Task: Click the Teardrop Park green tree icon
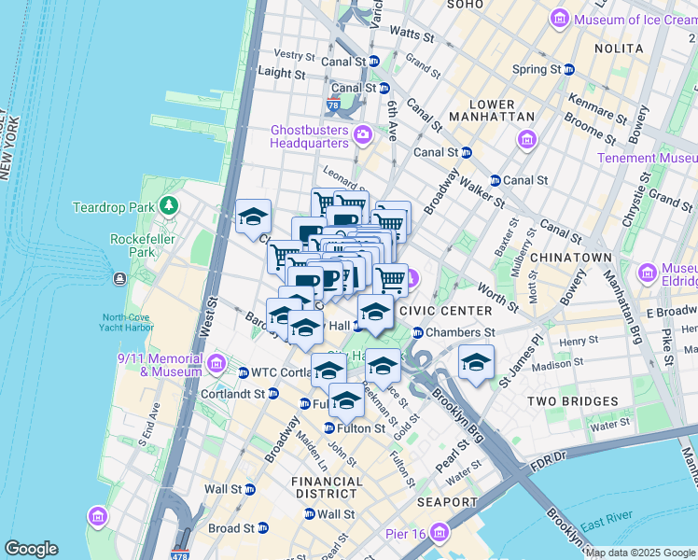169,204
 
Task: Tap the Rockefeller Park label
128,245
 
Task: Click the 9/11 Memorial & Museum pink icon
216,362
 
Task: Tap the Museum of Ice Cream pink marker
560,18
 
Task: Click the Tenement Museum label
652,158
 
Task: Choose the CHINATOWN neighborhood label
579,258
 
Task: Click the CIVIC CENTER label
445,311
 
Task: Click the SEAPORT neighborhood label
448,502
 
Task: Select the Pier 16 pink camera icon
440,533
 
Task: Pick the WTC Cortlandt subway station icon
244,372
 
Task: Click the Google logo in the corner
31,549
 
